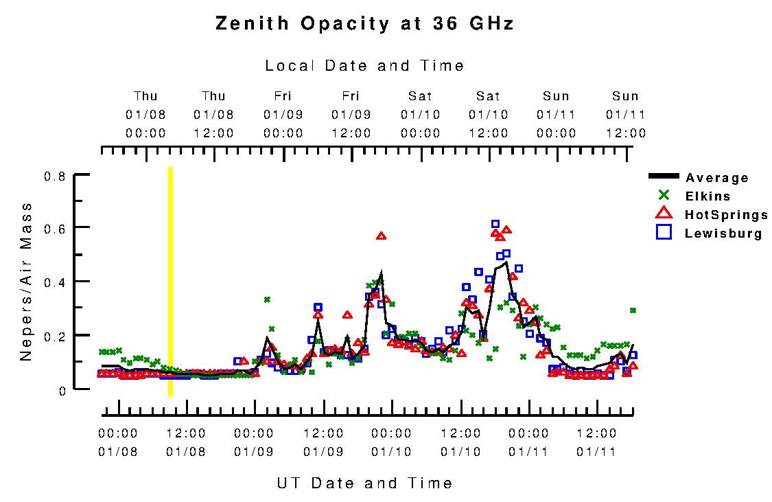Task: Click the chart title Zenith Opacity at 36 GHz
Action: coord(364,23)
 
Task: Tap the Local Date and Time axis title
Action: coord(364,66)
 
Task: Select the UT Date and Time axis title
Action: coord(364,483)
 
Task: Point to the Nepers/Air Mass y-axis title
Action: coord(26,282)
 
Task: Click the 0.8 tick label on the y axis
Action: coord(54,176)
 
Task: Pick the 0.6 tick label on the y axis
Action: coord(54,227)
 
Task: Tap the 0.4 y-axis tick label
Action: coord(54,282)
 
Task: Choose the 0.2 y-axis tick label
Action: coord(54,336)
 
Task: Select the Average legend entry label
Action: coord(717,178)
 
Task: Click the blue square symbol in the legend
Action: coord(663,233)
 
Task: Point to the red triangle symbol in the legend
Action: coord(663,214)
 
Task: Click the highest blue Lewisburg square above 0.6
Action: coord(495,224)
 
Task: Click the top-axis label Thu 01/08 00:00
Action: coord(145,114)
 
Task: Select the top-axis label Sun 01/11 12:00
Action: coord(625,114)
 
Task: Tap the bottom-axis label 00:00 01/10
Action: coord(391,442)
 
